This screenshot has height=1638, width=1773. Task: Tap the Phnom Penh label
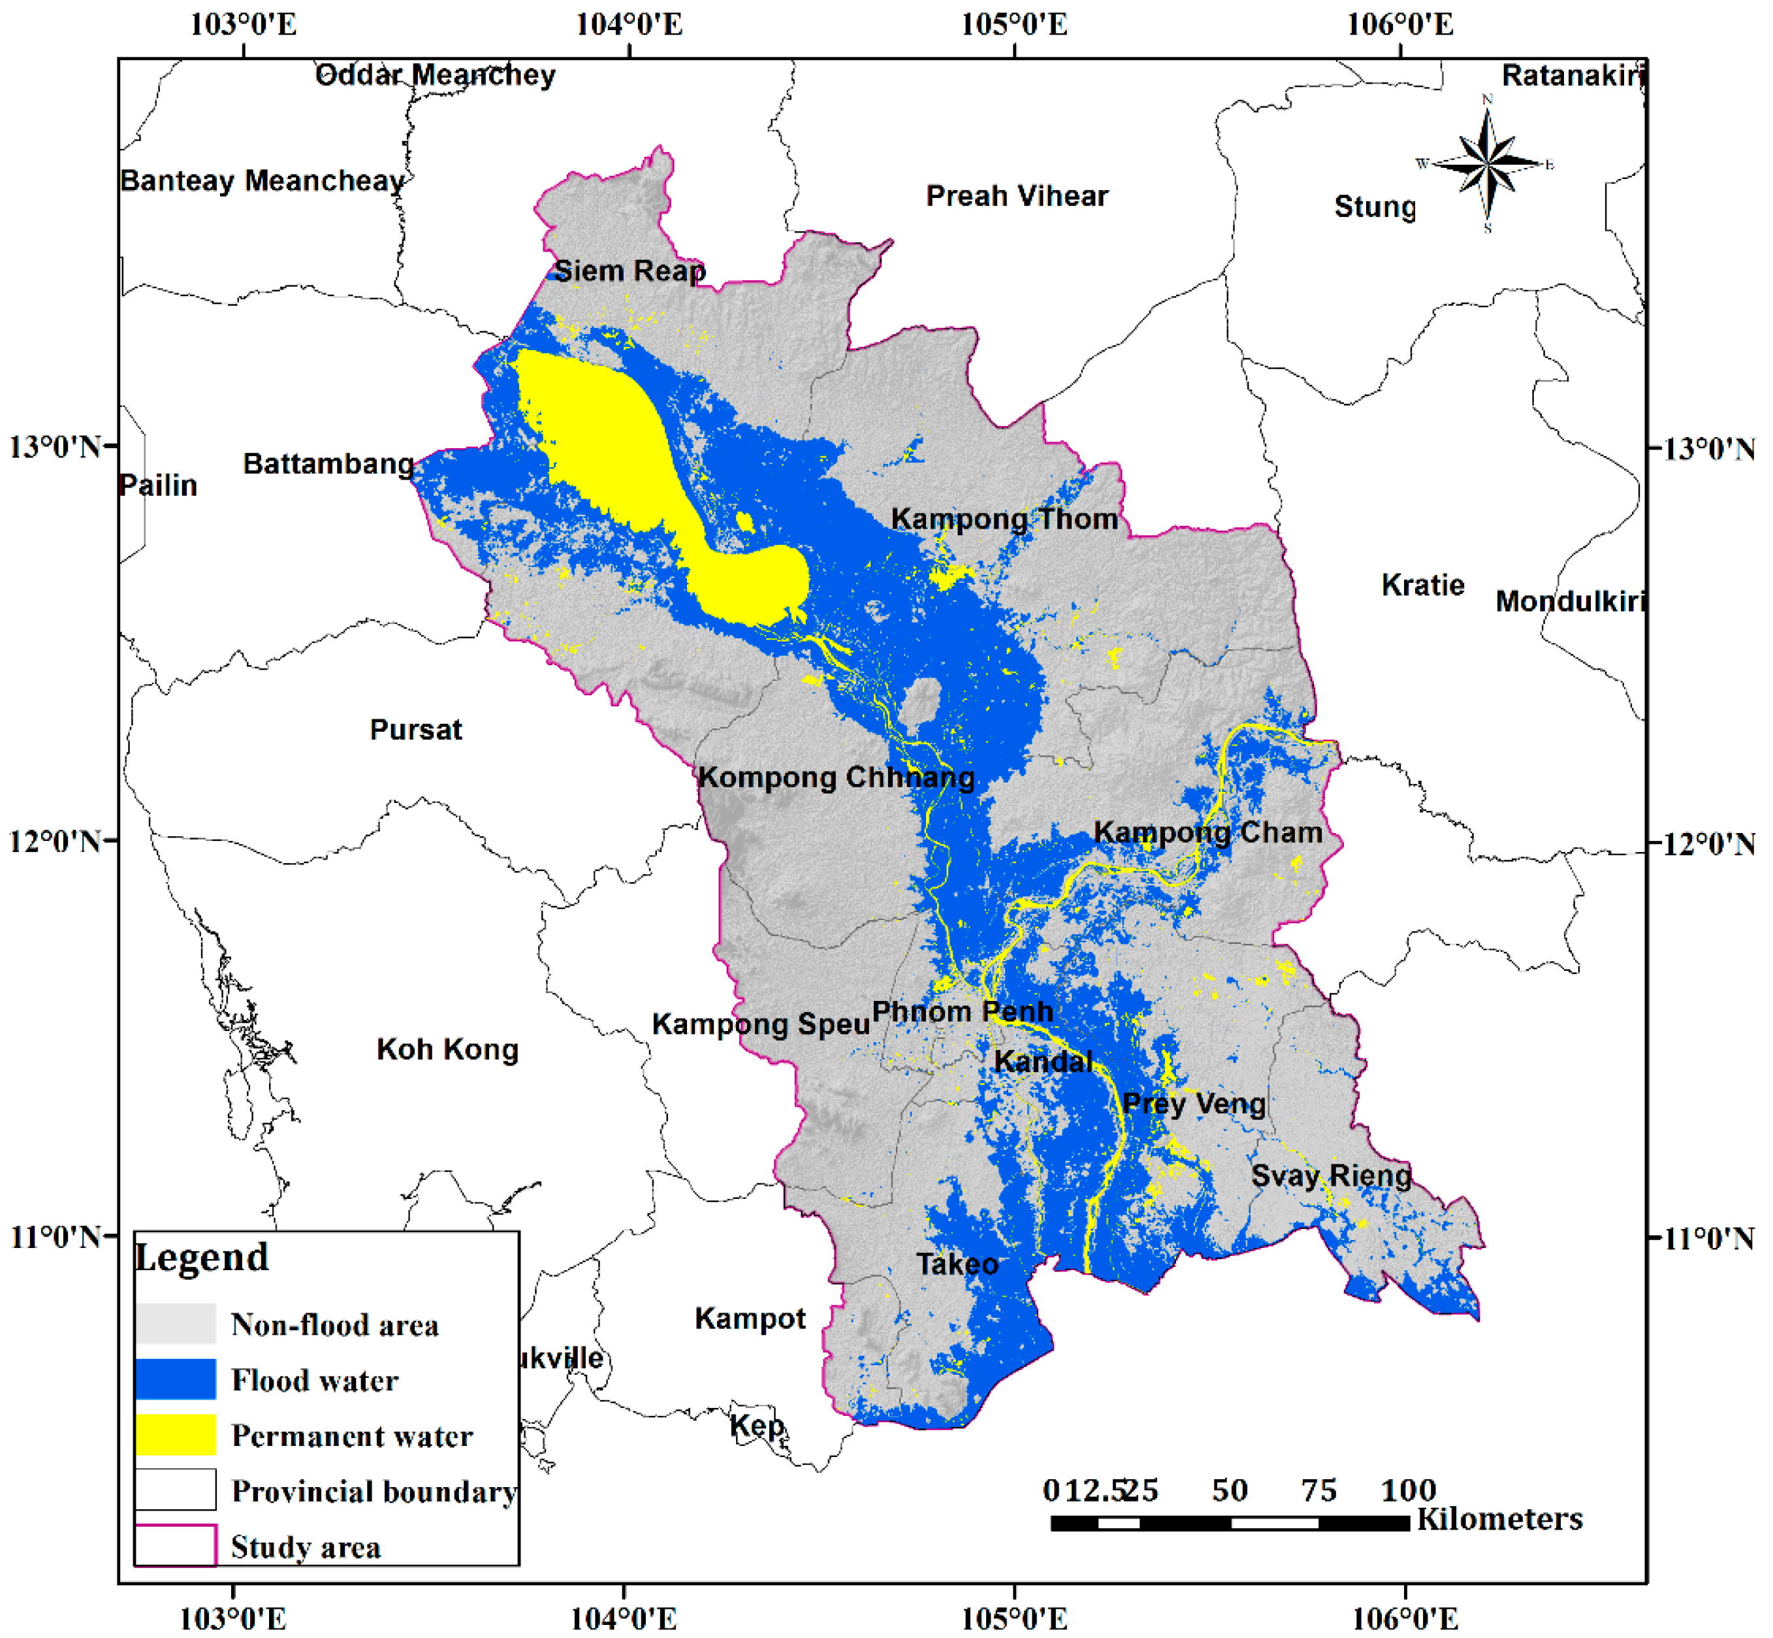tap(963, 1011)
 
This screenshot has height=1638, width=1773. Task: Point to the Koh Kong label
tap(447, 1049)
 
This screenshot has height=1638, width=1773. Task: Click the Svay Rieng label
tap(1331, 1176)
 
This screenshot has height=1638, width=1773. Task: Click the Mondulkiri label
tap(1570, 602)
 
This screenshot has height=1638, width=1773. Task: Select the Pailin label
tap(158, 485)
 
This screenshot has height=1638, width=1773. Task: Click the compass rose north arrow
tap(1488, 162)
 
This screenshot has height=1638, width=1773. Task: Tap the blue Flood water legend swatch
tap(176, 1379)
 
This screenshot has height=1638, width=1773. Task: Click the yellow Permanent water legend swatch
tap(176, 1434)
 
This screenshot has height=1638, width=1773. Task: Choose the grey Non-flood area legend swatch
tap(176, 1323)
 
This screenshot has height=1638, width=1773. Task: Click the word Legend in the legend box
tap(201, 1258)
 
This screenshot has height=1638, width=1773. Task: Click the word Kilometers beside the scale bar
tap(1499, 1519)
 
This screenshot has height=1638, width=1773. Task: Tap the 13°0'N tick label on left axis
tap(55, 447)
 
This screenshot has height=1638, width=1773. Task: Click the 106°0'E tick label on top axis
tap(1400, 24)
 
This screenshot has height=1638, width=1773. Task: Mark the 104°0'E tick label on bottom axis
tap(623, 1618)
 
